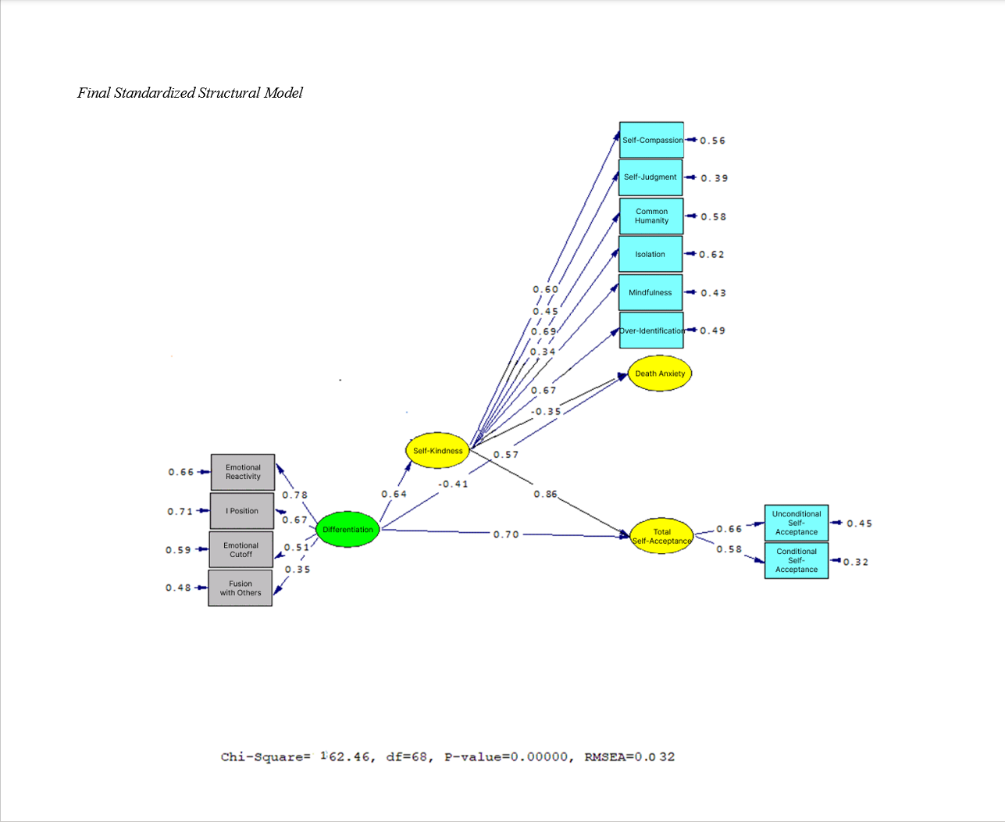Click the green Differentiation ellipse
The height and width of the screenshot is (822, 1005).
tap(347, 530)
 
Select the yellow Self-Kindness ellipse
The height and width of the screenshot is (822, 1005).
tap(437, 451)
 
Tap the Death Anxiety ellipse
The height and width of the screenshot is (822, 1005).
tap(660, 373)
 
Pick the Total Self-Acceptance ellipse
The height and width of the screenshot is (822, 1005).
tap(661, 536)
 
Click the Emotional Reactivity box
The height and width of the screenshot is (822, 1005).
tap(243, 472)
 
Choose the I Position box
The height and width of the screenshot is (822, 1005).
tap(242, 511)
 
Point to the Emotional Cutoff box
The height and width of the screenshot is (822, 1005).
tap(241, 550)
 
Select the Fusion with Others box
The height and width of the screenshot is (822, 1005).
tap(241, 588)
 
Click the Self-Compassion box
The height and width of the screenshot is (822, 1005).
tap(651, 140)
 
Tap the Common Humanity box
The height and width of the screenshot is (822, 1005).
tap(651, 216)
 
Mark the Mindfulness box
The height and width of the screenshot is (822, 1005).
tap(650, 292)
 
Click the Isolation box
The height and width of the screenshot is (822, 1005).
tap(650, 254)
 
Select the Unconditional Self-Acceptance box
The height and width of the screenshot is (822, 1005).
tap(797, 523)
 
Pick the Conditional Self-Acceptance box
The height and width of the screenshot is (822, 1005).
tap(797, 560)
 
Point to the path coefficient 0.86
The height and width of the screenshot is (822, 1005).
tap(546, 495)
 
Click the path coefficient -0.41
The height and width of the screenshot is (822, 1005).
tap(453, 484)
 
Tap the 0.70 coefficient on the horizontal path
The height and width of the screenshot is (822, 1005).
tap(506, 534)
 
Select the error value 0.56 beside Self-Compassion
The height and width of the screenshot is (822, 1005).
tap(712, 141)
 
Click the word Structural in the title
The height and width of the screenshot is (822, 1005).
tap(229, 93)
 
